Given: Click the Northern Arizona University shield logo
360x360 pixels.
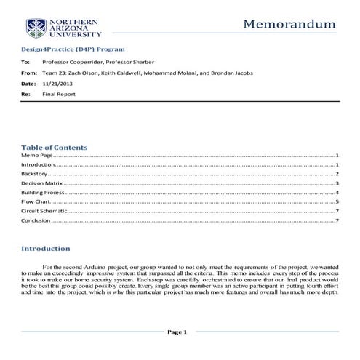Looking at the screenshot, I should point(36,28).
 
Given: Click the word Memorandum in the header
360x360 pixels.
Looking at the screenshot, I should point(289,24).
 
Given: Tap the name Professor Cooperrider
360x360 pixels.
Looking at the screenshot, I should point(75,63).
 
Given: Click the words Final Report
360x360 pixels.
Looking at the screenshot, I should point(56,95).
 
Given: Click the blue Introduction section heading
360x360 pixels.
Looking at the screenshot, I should point(46,249).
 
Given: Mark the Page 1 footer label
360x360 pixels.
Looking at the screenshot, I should point(177,332).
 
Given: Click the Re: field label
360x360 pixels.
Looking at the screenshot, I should point(25,95).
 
